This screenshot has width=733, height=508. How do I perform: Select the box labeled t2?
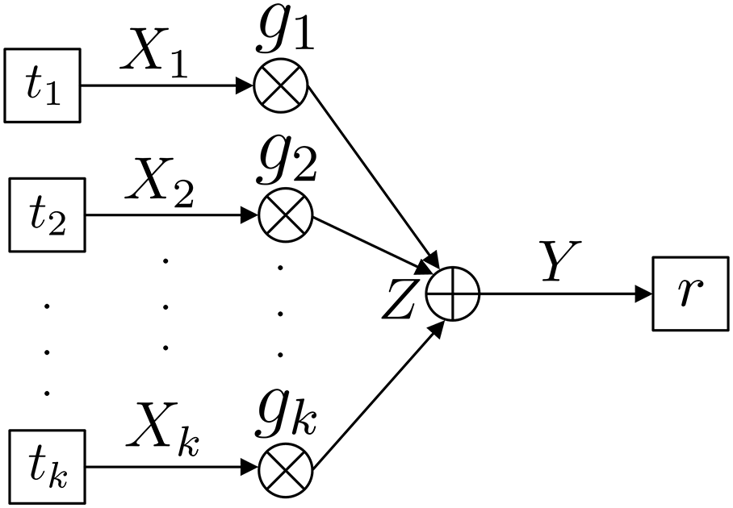45,216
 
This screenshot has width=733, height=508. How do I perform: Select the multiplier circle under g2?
281,216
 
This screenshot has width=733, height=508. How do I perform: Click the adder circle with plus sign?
454,294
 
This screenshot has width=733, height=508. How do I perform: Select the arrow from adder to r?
565,294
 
